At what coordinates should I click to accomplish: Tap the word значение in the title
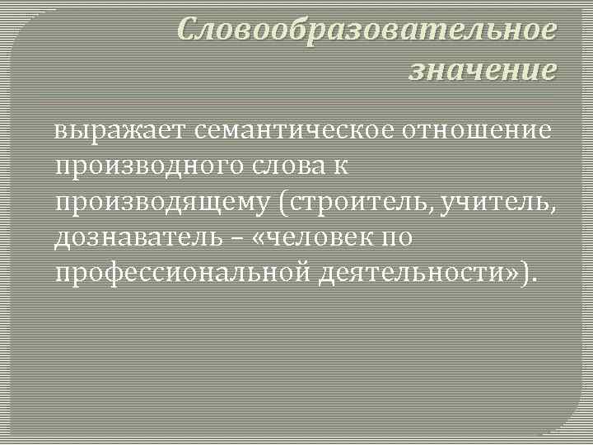pyautogui.click(x=483, y=69)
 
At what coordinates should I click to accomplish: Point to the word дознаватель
pyautogui.click(x=138, y=239)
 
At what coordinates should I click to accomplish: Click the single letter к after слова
pyautogui.click(x=341, y=167)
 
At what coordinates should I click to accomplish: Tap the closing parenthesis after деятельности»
pyautogui.click(x=529, y=274)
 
